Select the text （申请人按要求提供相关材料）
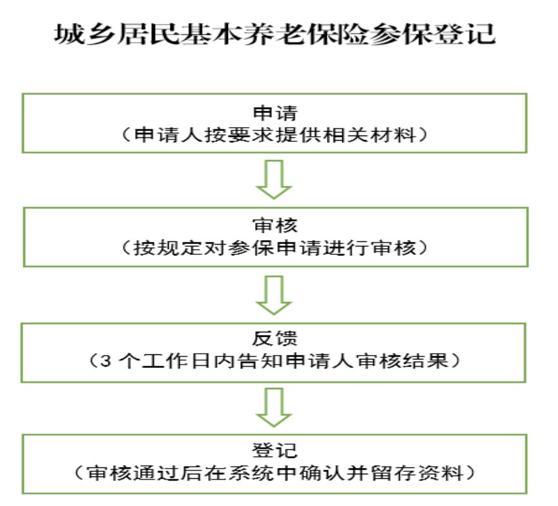click(275, 136)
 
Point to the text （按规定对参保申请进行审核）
click(275, 248)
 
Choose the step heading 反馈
click(275, 338)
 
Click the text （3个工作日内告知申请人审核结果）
click(275, 361)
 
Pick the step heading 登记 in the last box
click(275, 450)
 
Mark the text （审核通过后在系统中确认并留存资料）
click(275, 474)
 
